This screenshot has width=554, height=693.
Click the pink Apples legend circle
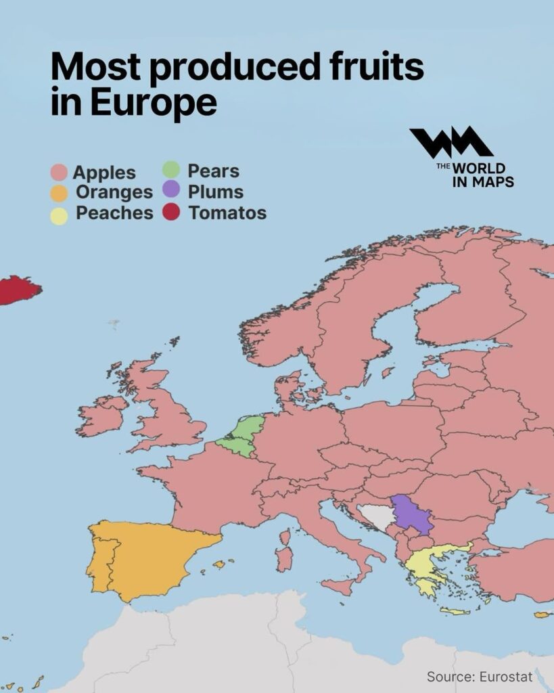tap(60, 173)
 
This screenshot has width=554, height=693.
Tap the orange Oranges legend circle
tap(60, 194)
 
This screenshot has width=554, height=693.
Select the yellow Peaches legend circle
tap(60, 215)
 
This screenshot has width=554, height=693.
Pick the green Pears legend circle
tap(171, 171)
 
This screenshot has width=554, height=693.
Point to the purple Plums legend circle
tap(171, 191)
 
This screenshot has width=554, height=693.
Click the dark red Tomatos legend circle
tap(171, 213)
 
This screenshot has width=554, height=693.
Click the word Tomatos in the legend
tap(227, 213)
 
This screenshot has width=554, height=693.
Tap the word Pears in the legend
tap(213, 171)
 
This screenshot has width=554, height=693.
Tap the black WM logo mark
tap(451, 143)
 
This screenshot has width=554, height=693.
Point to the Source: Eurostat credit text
tap(479, 676)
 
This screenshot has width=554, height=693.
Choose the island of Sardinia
tap(285, 557)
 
